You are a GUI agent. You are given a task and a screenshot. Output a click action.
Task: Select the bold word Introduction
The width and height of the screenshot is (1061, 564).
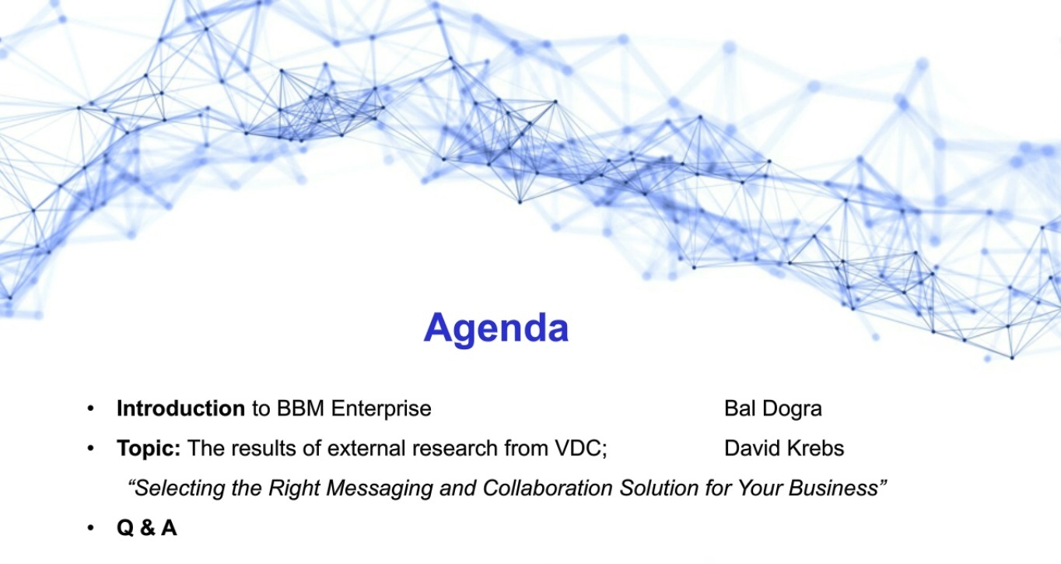click(180, 408)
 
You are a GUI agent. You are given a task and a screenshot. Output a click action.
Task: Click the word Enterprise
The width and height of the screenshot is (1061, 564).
click(381, 409)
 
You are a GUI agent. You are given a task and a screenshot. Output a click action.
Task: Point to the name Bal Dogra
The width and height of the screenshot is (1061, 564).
click(773, 409)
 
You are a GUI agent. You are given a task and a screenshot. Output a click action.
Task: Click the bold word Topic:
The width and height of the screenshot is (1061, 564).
click(149, 449)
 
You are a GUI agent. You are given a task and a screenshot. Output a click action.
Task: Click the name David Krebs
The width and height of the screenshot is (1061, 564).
click(784, 448)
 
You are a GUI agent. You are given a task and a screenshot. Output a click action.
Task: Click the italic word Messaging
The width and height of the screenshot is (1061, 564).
click(380, 489)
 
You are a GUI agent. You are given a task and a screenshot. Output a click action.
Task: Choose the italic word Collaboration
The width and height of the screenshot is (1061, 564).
click(547, 488)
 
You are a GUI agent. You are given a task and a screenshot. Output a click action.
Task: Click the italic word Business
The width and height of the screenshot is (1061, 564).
click(833, 488)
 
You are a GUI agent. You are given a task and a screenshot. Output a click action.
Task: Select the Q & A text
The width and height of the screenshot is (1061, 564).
click(147, 527)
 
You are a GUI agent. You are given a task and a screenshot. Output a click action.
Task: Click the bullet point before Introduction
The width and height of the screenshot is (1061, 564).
click(90, 408)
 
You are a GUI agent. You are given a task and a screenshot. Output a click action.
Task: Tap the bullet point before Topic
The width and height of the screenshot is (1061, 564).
click(90, 448)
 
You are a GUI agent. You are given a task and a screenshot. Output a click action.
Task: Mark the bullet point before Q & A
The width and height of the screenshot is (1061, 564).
click(90, 528)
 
